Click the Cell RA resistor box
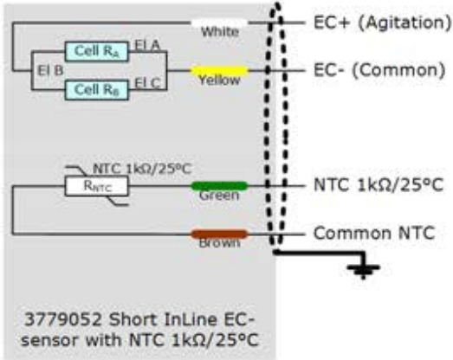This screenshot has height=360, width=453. pos(96,51)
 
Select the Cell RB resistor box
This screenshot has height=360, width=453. pos(96,90)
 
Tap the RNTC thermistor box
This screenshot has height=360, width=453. pos(96,186)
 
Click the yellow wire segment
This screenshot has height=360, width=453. pos(219,70)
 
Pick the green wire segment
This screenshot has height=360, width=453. pos(219,186)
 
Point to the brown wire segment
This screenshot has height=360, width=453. pos(219,235)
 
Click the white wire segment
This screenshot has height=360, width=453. pos(219,22)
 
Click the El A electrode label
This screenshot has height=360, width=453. pos(147,45)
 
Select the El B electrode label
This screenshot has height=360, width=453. pos(50,71)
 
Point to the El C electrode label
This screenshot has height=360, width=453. pos(147,83)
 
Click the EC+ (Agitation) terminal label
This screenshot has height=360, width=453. pos(382,22)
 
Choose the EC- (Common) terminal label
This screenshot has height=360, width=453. pos(379,70)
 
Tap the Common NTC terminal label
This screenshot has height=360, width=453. pos(374,233)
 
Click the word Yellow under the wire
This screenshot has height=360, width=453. pos(219,80)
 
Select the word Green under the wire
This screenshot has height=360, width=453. pos(219,196)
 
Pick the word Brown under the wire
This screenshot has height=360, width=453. pos(219,243)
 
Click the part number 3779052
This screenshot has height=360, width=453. pos(63,319)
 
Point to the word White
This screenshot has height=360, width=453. pos(220,32)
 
